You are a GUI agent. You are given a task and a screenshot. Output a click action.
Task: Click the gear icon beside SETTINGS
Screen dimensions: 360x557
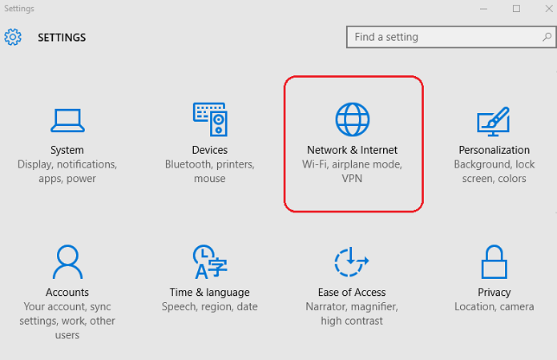pos(13,37)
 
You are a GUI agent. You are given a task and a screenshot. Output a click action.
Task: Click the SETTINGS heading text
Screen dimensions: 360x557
pos(62,37)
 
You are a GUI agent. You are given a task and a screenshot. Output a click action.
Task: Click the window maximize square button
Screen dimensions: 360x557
pos(517,8)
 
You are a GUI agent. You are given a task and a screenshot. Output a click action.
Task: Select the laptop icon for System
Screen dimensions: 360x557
pos(67,120)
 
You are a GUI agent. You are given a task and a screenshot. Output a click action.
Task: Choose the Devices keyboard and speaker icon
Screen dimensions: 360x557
pos(210,119)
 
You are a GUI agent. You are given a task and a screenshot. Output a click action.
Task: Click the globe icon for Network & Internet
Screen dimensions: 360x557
pos(353,119)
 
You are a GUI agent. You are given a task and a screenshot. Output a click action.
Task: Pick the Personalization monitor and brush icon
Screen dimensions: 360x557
pos(494,120)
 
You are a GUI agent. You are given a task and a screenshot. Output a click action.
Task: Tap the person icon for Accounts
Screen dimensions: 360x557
pos(67,262)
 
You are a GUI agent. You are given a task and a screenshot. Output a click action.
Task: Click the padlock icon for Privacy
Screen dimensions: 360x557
pos(494,262)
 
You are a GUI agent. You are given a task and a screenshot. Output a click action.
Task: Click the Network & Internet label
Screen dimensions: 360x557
pos(353,150)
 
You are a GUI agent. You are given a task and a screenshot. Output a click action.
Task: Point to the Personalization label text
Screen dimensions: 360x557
pos(494,150)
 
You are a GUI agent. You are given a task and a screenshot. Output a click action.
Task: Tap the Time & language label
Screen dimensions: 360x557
pos(210,293)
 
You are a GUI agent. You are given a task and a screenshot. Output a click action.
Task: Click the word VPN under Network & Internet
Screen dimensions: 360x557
pos(353,179)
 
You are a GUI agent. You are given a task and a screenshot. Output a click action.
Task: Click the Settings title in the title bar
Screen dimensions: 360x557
pos(19,8)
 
